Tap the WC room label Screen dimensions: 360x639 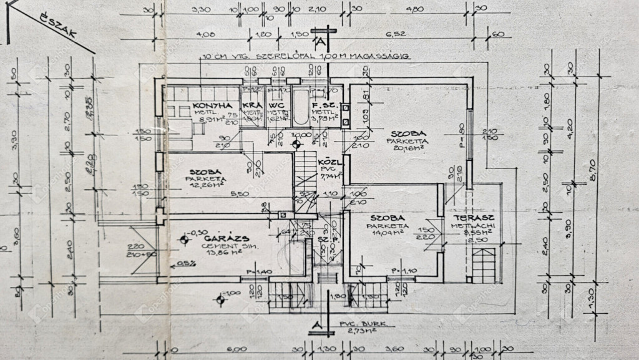click(276, 105)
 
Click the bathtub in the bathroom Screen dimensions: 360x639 click(300, 109)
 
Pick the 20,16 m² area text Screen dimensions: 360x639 click(409, 148)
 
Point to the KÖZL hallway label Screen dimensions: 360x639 click(327, 160)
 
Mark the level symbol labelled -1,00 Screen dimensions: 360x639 click(221, 299)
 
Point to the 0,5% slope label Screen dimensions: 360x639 click(185, 263)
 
